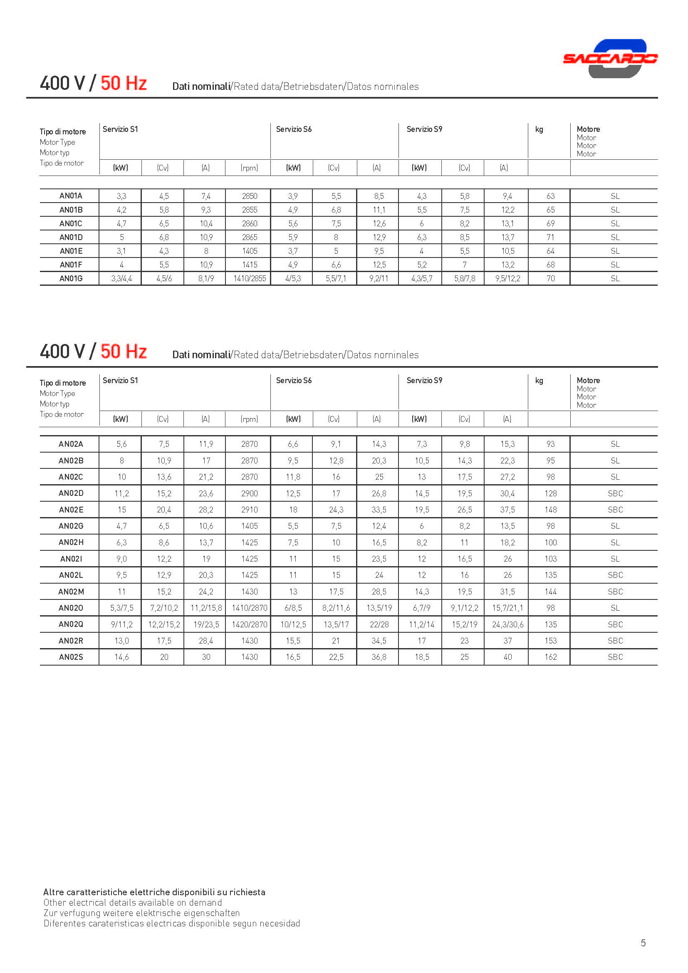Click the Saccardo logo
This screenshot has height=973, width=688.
click(610, 59)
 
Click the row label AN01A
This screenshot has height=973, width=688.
click(71, 196)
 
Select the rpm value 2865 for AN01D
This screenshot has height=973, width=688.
click(250, 237)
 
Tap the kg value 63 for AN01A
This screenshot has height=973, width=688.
click(550, 196)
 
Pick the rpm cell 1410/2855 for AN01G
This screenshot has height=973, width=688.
click(250, 278)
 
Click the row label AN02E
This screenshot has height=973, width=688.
click(71, 510)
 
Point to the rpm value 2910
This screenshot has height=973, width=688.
click(250, 510)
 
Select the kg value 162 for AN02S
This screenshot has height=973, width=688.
click(550, 657)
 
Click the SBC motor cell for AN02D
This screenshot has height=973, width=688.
click(615, 493)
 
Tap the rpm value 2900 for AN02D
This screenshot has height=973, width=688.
click(250, 493)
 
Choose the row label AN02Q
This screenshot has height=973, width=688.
click(71, 624)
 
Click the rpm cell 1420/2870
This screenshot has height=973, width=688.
click(250, 624)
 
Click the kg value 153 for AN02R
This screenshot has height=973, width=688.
click(550, 641)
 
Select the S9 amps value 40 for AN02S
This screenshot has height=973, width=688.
click(507, 657)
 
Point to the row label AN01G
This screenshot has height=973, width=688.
click(71, 278)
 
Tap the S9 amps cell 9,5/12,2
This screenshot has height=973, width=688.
click(507, 278)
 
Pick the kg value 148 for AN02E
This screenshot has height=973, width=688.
click(550, 510)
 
